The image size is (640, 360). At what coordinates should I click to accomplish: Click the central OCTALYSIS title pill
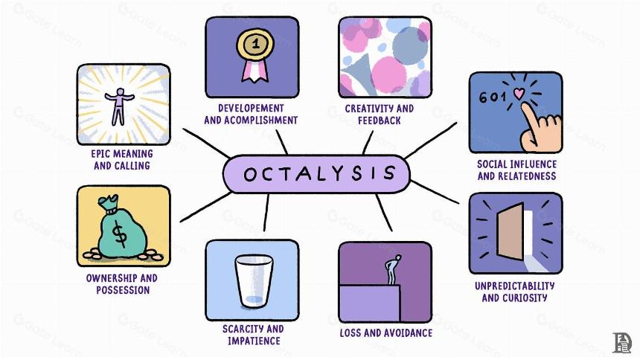[x=316, y=174]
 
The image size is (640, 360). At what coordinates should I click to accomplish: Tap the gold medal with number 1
[x=255, y=44]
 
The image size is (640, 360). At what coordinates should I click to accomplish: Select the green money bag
[x=122, y=228]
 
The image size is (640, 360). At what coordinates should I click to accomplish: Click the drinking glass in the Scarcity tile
[x=254, y=281]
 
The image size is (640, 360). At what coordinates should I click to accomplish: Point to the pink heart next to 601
[x=519, y=94]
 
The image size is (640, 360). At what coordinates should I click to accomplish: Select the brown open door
[x=511, y=231]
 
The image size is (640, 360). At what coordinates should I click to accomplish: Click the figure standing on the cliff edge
[x=393, y=269]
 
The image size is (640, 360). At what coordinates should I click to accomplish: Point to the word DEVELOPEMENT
[x=251, y=108]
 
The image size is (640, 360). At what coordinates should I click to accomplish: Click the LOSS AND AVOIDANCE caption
[x=385, y=333]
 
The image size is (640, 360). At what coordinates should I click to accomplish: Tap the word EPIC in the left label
[x=100, y=154]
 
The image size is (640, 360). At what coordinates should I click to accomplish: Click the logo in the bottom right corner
[x=622, y=342]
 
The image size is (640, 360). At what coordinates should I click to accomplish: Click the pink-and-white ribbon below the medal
[x=255, y=69]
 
